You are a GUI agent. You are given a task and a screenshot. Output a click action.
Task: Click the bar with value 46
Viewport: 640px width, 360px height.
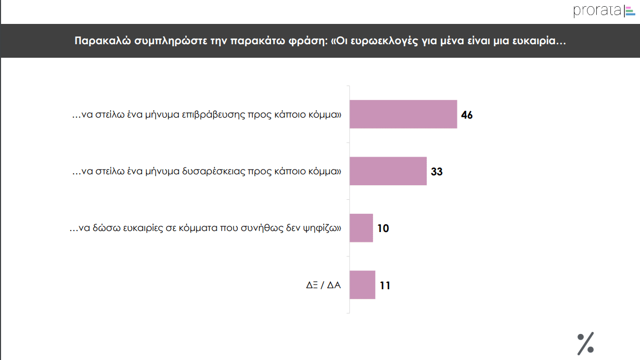coord(403,114)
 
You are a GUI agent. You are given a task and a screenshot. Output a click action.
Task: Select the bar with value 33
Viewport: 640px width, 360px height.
coord(388,171)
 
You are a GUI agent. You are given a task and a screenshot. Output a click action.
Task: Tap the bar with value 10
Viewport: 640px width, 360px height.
coord(361,228)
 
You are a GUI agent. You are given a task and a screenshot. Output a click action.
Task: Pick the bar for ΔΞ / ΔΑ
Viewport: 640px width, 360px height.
coord(362,285)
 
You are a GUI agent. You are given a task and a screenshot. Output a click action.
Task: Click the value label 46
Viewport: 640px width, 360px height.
coord(467,115)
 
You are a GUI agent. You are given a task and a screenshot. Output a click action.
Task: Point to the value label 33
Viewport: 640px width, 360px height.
coord(437,172)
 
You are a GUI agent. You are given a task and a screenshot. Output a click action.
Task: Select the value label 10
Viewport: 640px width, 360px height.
coord(383,228)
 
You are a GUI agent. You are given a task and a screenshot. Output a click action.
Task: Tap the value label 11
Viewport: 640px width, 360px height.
coord(385,286)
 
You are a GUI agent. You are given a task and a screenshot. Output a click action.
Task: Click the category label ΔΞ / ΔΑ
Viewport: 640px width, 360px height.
coord(323,285)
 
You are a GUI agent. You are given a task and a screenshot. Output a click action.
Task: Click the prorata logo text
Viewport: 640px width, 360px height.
coord(597,10)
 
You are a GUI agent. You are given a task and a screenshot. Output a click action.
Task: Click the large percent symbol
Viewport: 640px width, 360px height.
coord(585,343)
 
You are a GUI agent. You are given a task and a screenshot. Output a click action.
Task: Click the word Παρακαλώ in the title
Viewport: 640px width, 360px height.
coord(98,41)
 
